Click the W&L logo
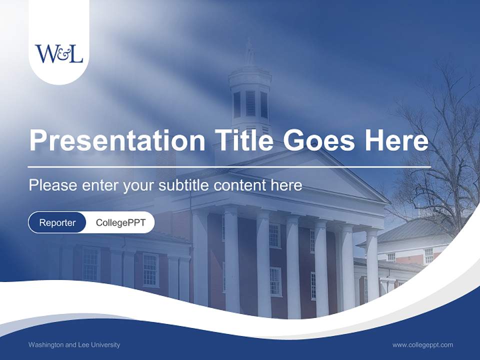(x=59, y=53)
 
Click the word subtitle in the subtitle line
(x=184, y=185)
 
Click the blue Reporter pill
(x=57, y=222)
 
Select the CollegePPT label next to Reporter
(x=120, y=222)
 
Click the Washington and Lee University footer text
(x=74, y=344)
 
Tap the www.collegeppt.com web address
(x=422, y=344)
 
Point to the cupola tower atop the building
(x=250, y=97)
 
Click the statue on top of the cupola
(x=249, y=51)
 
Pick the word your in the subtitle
(x=138, y=186)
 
